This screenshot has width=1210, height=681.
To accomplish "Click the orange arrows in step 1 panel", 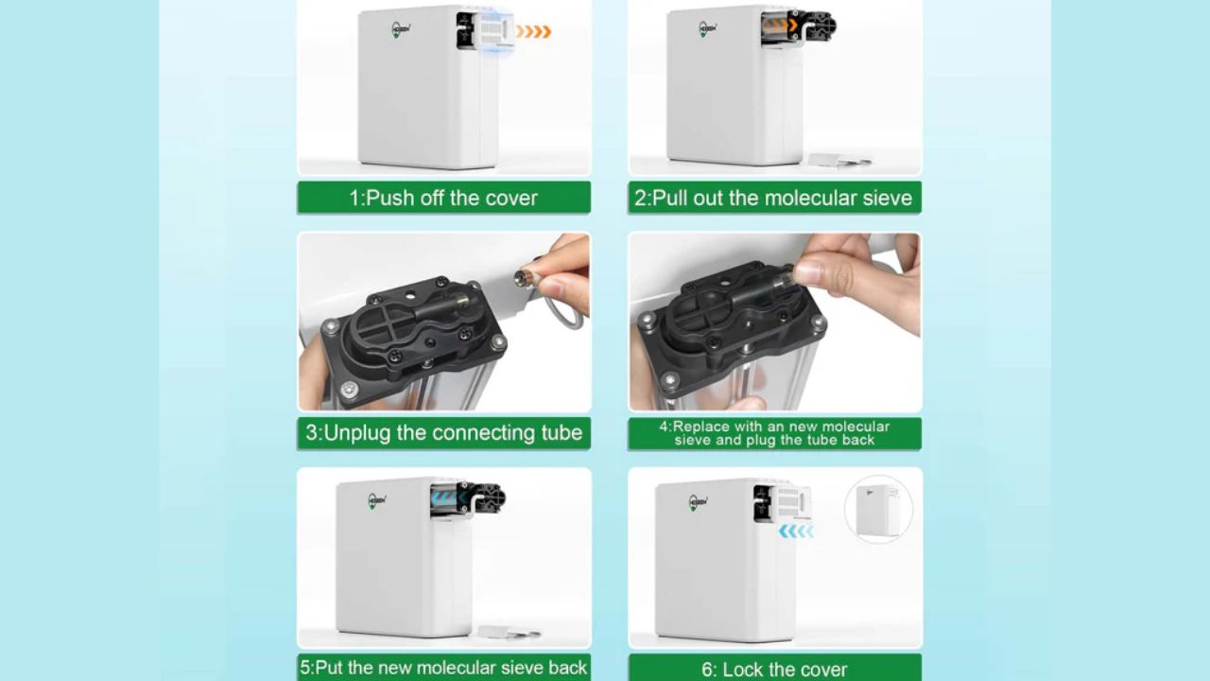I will pos(533,32).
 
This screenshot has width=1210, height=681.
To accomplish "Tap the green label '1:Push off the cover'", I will pos(443,198).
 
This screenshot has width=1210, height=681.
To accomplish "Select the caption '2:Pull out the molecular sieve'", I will pos(774,198).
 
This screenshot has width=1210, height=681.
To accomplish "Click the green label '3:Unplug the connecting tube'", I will pos(443,433).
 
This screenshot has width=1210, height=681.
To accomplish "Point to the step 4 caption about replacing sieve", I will pos(774,433).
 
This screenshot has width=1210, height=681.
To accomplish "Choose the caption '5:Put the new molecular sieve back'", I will pos(443,667).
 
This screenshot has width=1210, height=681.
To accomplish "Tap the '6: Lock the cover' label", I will pos(774,669).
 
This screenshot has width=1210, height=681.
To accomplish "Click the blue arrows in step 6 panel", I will pos(796,532).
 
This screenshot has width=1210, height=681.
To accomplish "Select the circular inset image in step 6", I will pos(878,509).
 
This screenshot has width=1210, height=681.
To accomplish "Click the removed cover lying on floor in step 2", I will pos(839,160).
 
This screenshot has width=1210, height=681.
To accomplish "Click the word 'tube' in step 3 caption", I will pos(562,433).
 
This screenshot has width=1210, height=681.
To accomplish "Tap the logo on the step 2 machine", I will pos(708,27).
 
